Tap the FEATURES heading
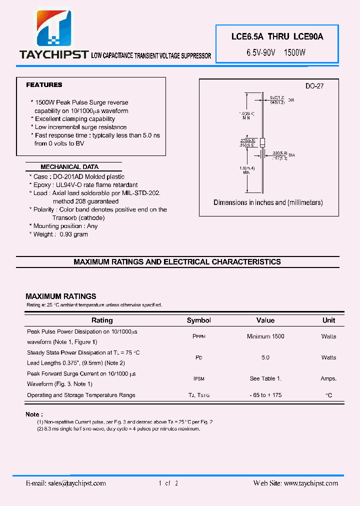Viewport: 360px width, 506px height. coord(44,85)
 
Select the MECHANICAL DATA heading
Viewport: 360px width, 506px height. coord(69,167)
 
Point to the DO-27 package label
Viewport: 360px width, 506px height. coord(314,86)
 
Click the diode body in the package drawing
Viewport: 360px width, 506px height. coord(262,142)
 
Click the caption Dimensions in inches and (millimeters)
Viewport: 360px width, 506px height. coord(268,202)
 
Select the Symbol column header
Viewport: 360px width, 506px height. coord(198,320)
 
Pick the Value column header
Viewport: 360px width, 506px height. coord(265,320)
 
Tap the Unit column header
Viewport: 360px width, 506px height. coord(328,320)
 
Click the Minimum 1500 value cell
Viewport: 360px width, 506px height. coord(265,336)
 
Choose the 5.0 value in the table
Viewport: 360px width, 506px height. coord(265,357)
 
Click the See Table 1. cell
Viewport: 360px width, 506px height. coord(265,379)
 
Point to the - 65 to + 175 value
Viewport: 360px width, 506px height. coord(265,395)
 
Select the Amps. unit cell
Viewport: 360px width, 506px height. coord(328,379)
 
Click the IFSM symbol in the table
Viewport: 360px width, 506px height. coord(198,379)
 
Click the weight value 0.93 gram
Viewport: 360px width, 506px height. coord(73,234)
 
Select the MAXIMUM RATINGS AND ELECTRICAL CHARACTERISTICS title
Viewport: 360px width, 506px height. coord(177,262)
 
